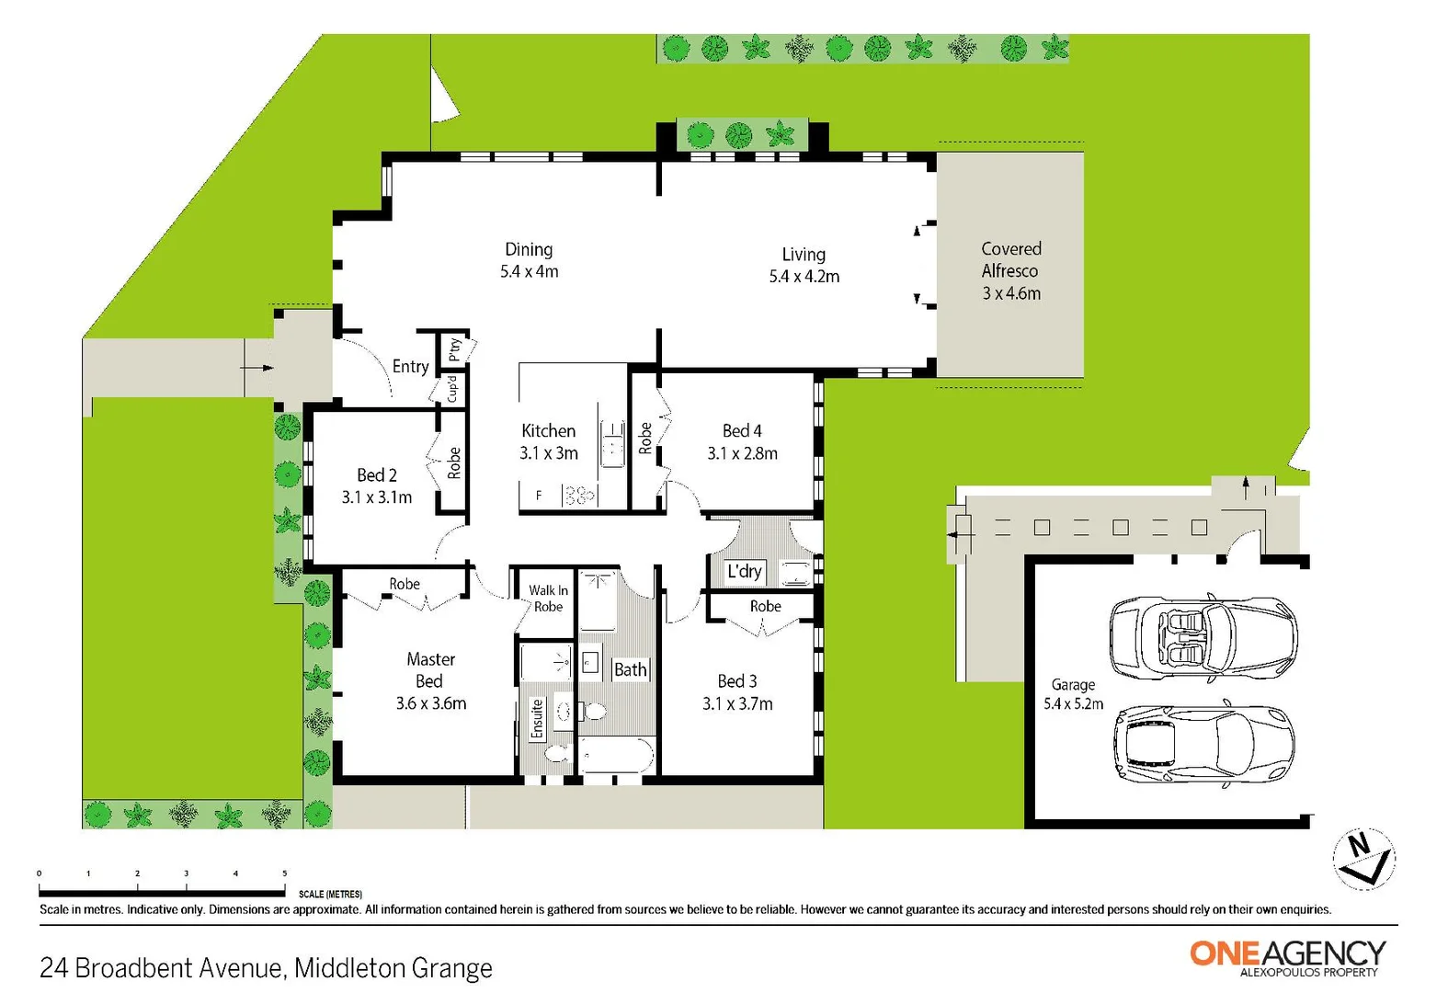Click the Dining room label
pos(529,260)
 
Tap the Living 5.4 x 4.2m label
pos(804,265)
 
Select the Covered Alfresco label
pos(1010,270)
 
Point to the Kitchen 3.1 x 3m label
pos(548,441)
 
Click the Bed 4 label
pos(742,441)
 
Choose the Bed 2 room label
pos(377,485)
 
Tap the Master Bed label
pos(430,680)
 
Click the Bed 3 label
pos(737,691)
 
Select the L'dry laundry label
pos(744,571)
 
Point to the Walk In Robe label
pos(548,598)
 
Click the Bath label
pos(630,669)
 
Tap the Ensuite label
pos(537,718)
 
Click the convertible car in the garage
pos(1203,637)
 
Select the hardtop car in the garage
pos(1203,744)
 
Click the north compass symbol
pos(1363,859)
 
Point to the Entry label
pos(410,366)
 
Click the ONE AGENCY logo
pos(1287,956)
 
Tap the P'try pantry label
pos(454,349)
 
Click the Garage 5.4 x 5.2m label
pos(1073,694)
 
